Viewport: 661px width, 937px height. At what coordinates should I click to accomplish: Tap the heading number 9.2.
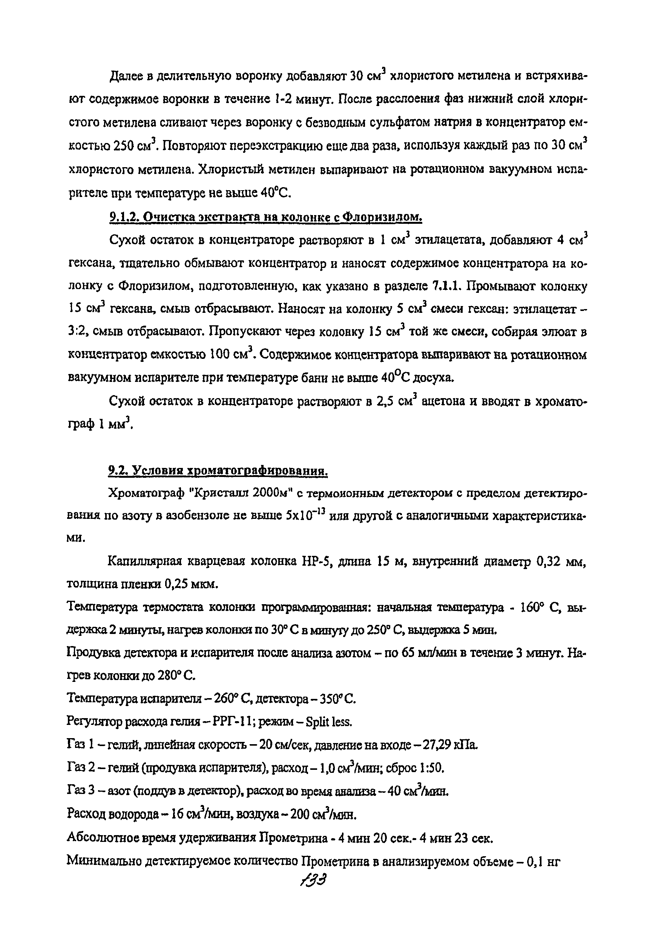coord(118,471)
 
